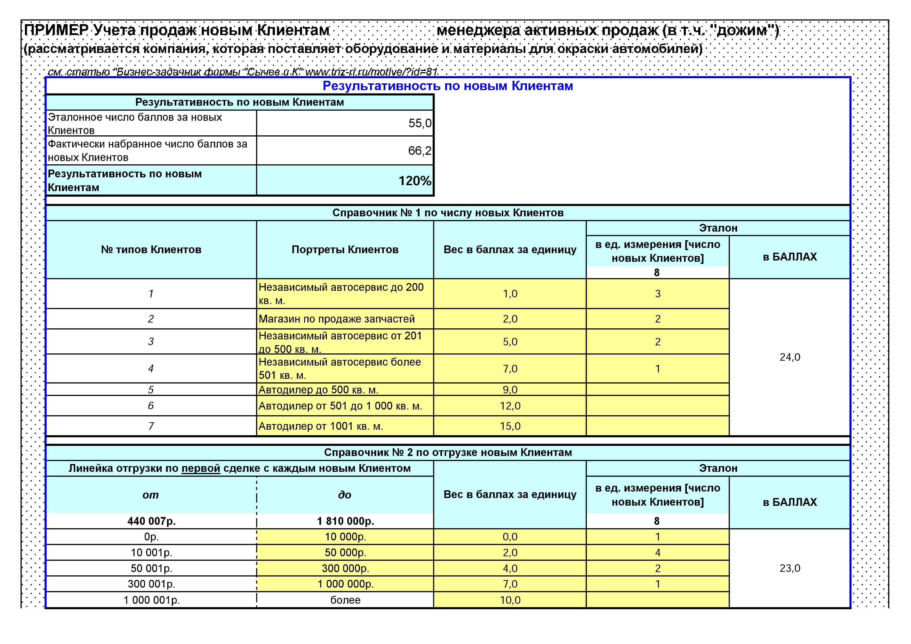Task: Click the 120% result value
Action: (x=415, y=181)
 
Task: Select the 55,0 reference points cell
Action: (x=419, y=123)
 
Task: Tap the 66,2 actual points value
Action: (x=419, y=151)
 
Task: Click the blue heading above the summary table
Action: (x=447, y=86)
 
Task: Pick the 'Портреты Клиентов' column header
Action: (x=345, y=250)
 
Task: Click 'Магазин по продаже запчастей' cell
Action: (x=337, y=319)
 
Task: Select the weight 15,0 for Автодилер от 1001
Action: (x=510, y=426)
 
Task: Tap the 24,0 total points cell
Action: (x=789, y=357)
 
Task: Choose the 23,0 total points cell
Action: (x=789, y=568)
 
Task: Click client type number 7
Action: (x=151, y=426)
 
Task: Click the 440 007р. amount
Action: (x=151, y=521)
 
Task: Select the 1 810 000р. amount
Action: (x=345, y=521)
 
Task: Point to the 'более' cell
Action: (x=345, y=600)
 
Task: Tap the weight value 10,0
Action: (x=510, y=600)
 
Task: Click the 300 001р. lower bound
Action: (x=151, y=584)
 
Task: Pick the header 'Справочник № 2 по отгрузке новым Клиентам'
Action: (x=447, y=452)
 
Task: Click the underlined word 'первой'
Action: (x=201, y=468)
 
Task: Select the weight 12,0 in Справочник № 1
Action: (x=510, y=406)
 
